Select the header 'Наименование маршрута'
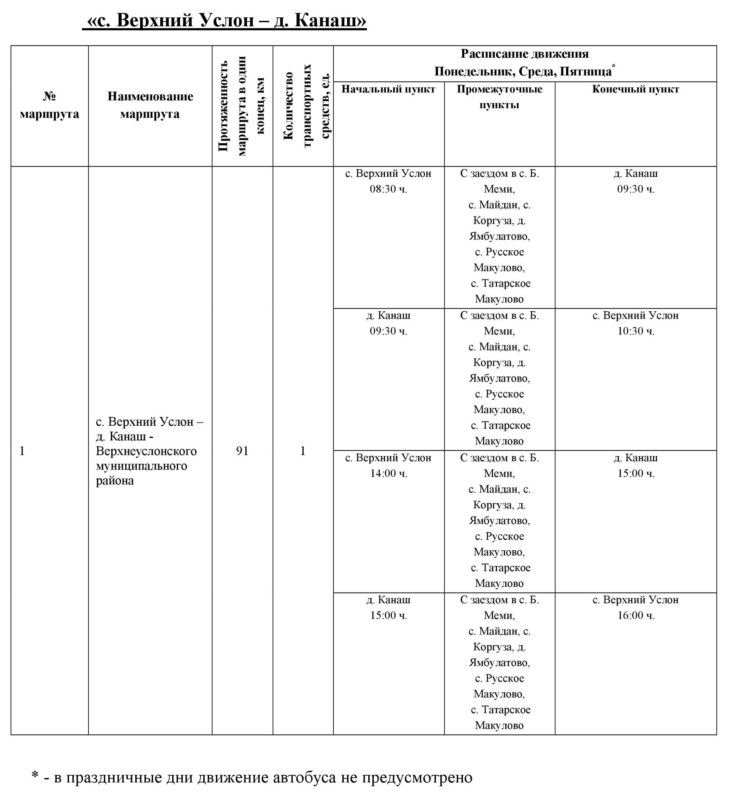[x=150, y=105]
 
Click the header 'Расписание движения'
[x=524, y=54]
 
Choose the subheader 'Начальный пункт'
[x=388, y=89]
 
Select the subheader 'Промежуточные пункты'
[x=499, y=97]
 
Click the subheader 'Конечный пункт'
[x=635, y=89]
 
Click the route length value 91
[x=242, y=451]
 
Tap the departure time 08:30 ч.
[x=388, y=189]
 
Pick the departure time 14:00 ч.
[x=388, y=473]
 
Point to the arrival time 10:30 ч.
[x=635, y=331]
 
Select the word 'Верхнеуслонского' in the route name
[x=146, y=451]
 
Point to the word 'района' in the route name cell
[x=115, y=481]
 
